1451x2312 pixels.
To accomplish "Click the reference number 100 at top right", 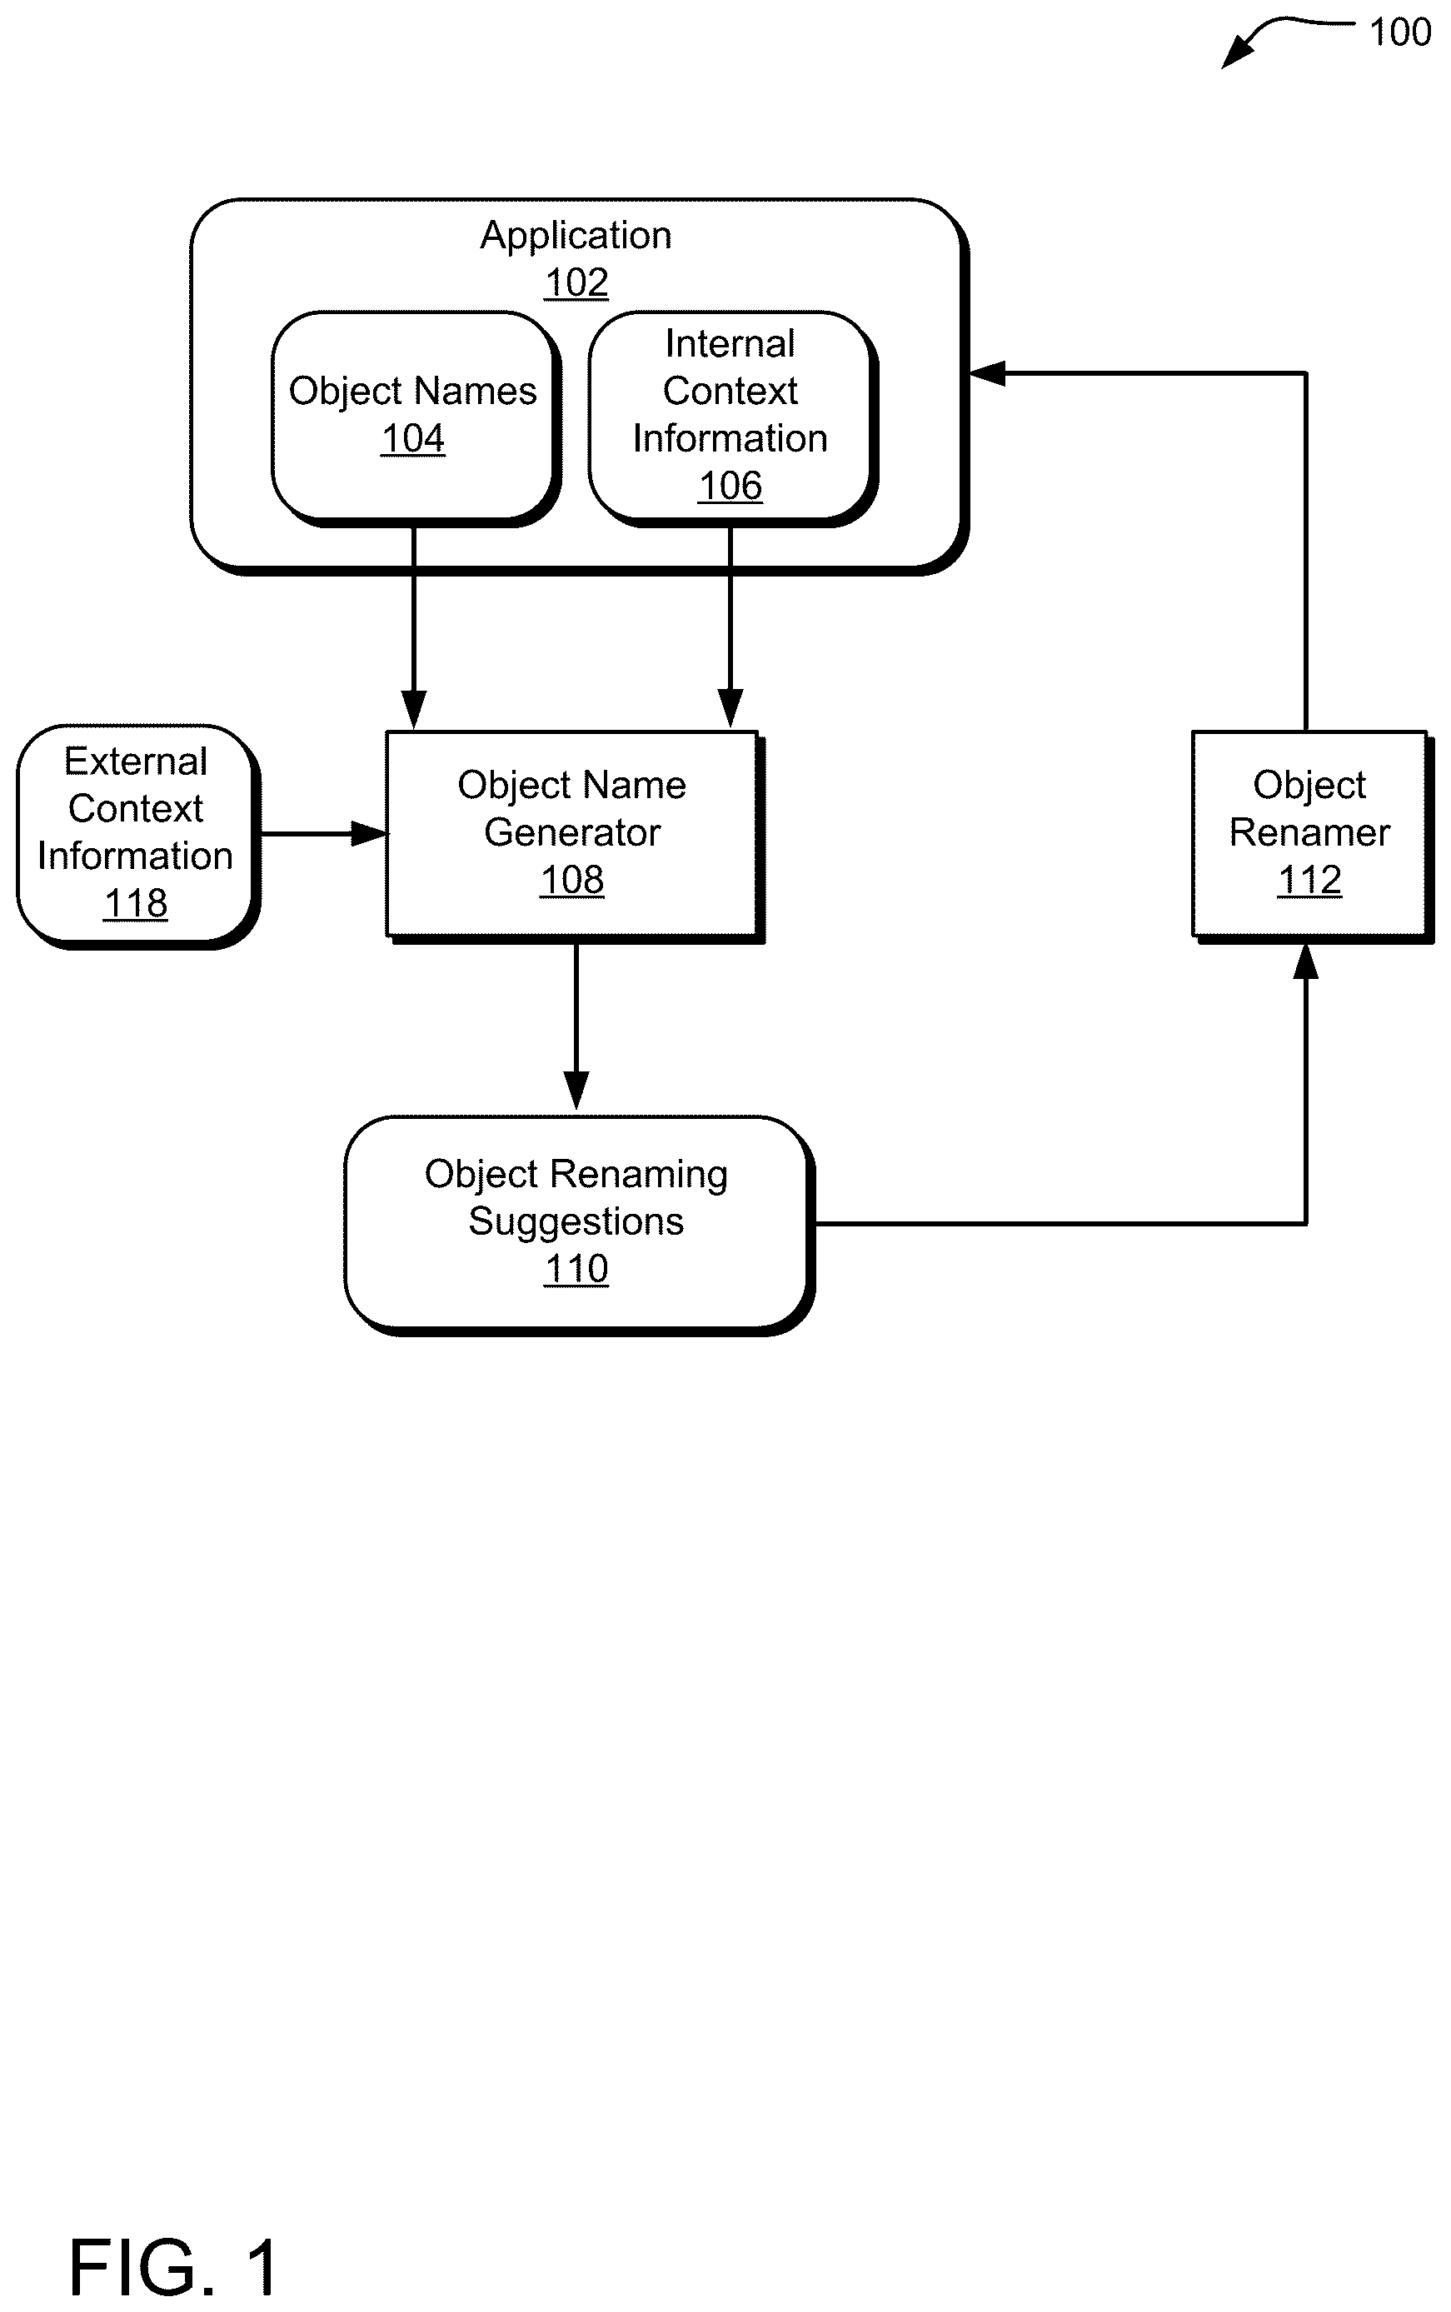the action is pos(1399,32).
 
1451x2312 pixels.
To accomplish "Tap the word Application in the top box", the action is pos(576,236).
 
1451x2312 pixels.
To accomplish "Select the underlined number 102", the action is pos(576,283).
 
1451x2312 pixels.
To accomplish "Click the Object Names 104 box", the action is pos(416,418).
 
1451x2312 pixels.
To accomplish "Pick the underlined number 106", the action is pos(730,487).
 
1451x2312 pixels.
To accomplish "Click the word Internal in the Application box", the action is pos(730,343).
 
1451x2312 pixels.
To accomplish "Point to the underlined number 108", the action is pos(573,880).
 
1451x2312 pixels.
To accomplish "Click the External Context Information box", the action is pos(138,836).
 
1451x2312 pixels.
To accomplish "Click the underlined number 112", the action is pos(1310,880).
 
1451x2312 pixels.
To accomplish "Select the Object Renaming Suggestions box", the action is pos(580,1226).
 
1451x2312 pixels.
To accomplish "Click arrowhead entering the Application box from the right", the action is pos(985,373).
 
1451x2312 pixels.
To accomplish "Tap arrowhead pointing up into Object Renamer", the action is pos(1305,961).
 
